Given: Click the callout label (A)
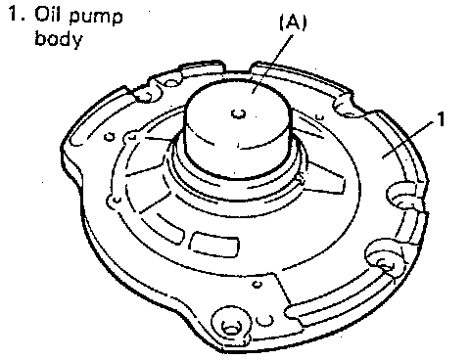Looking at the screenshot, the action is (x=293, y=23).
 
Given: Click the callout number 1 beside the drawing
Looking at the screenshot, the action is (x=441, y=119).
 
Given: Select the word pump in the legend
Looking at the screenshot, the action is (x=96, y=18).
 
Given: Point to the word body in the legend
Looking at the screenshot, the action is (x=59, y=38).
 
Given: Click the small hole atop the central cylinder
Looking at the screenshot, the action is (x=239, y=113).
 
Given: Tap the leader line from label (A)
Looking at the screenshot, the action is (x=272, y=64).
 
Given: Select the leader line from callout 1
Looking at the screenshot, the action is (x=409, y=139).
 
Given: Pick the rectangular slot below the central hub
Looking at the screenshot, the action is (x=214, y=244).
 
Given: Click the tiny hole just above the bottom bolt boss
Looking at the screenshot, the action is (x=258, y=285).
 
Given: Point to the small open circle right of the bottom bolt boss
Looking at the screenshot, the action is (x=264, y=320).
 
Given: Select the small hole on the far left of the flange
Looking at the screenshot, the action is (x=110, y=137).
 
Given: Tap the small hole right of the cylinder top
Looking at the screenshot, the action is (x=320, y=116).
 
